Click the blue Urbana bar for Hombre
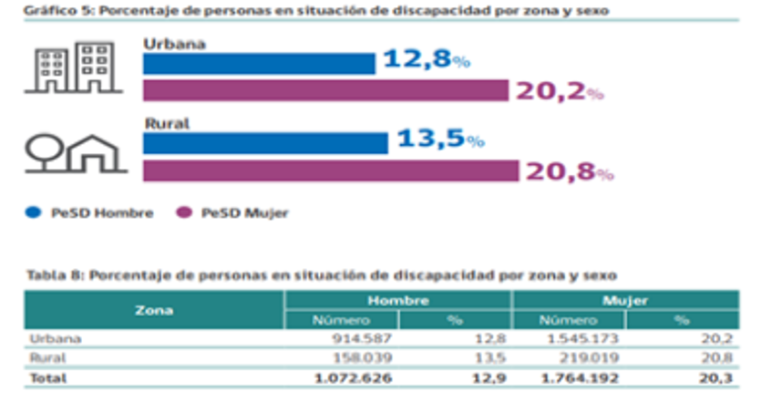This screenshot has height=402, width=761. coord(259,64)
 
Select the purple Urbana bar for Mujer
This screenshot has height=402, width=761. coord(325,91)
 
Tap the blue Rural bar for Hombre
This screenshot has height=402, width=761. coord(265,143)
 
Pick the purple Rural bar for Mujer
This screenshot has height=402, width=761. coord(331,171)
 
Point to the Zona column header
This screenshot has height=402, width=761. coord(155,310)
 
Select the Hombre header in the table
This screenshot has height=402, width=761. coord(398,300)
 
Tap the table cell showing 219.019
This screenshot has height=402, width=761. coord(570,357)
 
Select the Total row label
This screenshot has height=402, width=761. coord(47,376)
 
